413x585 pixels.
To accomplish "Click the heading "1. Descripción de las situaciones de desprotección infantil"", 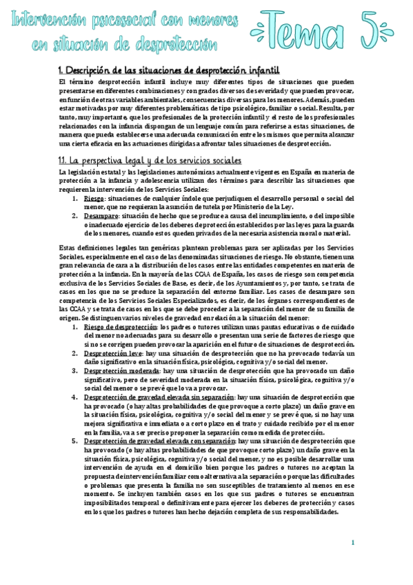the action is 169,70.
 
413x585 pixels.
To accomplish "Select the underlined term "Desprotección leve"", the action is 114,333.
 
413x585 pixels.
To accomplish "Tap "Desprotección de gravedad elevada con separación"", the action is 159,440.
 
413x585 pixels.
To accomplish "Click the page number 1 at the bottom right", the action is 352,543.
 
